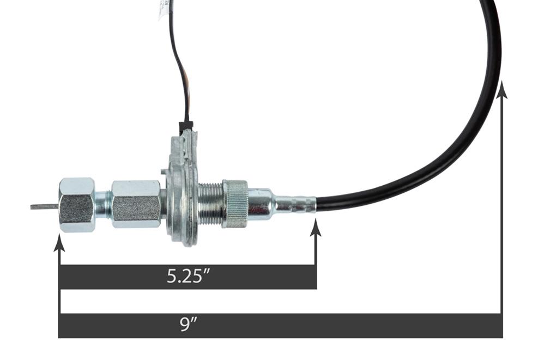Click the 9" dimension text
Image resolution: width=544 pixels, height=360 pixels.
[189, 325]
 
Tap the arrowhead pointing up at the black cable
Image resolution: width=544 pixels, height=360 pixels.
[502, 90]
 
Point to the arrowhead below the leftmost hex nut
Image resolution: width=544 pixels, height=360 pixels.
[59, 243]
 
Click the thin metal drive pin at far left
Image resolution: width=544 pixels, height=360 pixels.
[44, 206]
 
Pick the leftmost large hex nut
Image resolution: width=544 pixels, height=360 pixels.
[76, 205]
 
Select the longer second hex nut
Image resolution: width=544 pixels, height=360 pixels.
[136, 204]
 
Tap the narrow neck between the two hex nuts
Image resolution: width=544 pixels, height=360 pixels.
[103, 205]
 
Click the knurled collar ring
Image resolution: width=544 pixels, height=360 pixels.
[236, 203]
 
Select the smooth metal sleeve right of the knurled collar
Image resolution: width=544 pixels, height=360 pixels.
[261, 203]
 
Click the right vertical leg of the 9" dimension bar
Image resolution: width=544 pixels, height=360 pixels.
[502, 218]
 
